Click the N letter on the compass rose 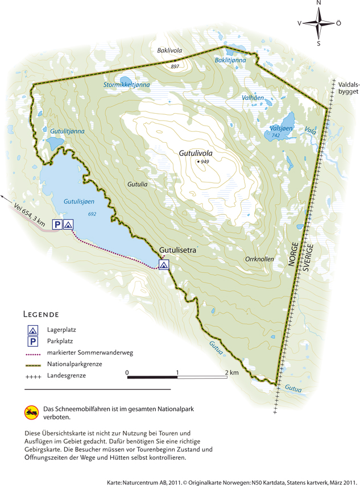coord(318,3)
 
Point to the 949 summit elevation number coord(205,162)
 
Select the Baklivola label coord(169,51)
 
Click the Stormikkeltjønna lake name coord(126,85)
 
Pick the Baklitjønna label coord(230,60)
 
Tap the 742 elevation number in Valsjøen coord(275,136)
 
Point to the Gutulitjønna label coord(67,131)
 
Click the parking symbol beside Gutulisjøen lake coord(57,225)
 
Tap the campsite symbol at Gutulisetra coord(164,264)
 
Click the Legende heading coord(41,314)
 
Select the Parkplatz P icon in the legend coord(34,341)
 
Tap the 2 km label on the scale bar coord(231,373)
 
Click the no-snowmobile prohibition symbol coord(31,411)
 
